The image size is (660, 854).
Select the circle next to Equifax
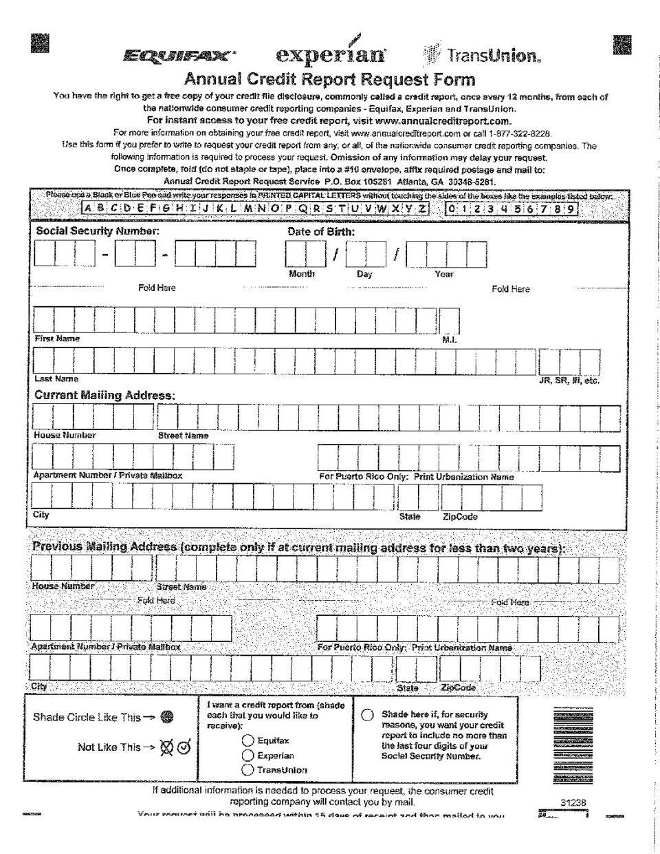point(248,740)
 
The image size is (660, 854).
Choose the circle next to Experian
point(248,755)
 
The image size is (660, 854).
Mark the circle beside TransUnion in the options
point(248,769)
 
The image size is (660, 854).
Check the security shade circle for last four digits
point(368,714)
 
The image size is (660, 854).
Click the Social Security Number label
point(98,231)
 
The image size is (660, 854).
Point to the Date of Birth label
point(321,232)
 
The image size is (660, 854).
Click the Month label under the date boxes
point(302,274)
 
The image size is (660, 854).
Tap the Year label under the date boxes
point(444,274)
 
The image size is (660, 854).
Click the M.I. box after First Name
point(449,321)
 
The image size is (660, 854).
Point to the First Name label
point(57,339)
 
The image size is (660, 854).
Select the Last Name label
point(56,378)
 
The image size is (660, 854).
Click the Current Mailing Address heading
point(104,395)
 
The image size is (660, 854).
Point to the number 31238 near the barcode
point(573,802)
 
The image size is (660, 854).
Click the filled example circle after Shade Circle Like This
point(166,717)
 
